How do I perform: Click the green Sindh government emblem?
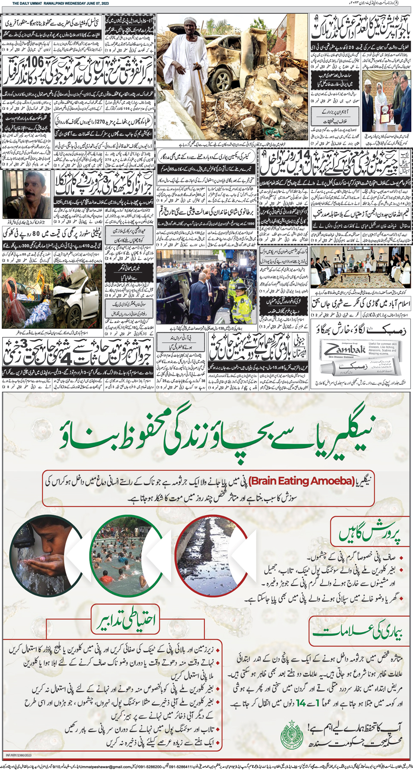292,735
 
